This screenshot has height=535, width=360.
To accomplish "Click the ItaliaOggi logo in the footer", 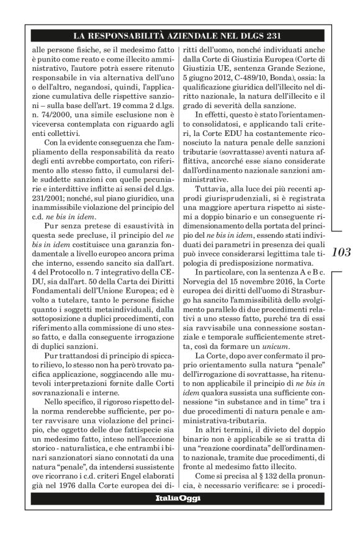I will (179, 516).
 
